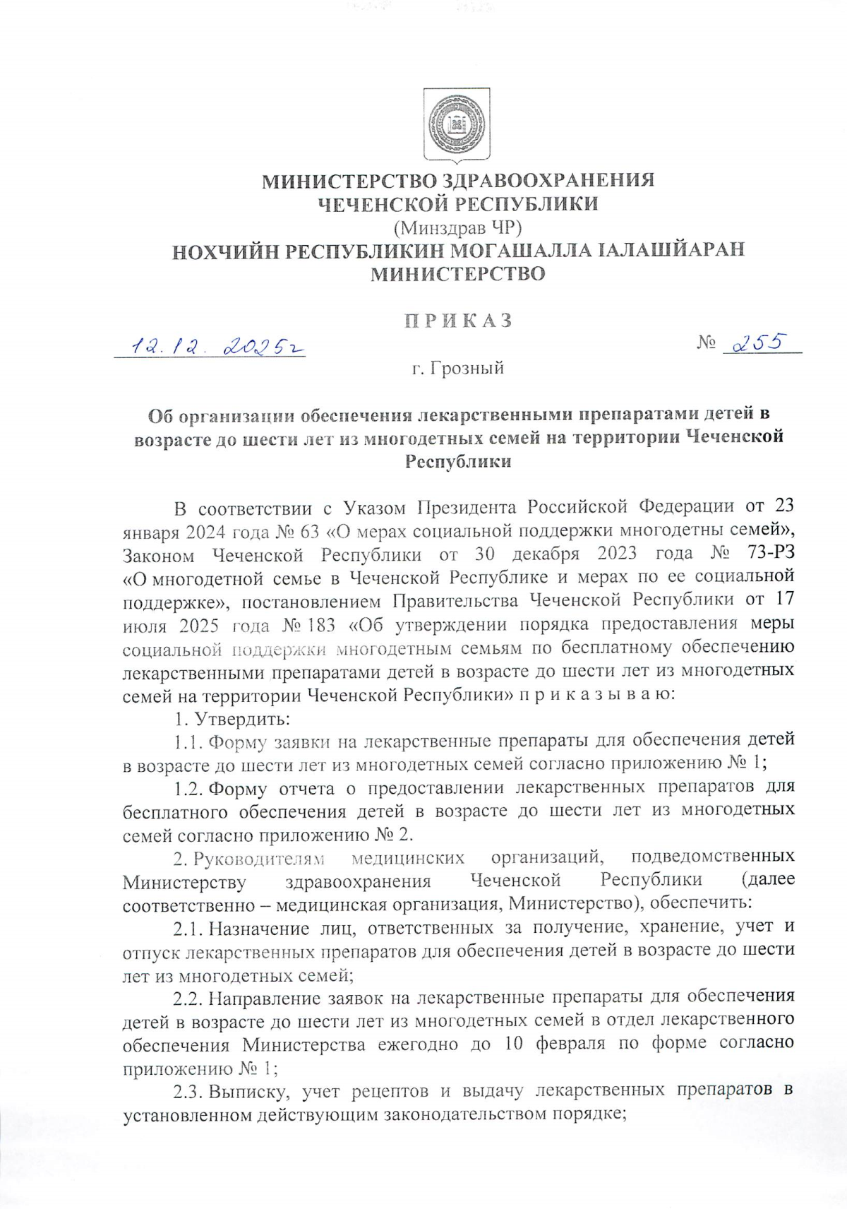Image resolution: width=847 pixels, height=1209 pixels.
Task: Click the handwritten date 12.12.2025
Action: pyautogui.click(x=212, y=347)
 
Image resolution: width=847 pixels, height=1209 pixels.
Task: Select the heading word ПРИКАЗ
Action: pyautogui.click(x=458, y=321)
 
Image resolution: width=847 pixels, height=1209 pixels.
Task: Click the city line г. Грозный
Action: pyautogui.click(x=458, y=368)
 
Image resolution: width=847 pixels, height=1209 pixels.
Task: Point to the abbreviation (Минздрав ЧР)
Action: pyautogui.click(x=458, y=227)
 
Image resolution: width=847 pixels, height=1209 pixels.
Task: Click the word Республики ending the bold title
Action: pyautogui.click(x=458, y=462)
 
